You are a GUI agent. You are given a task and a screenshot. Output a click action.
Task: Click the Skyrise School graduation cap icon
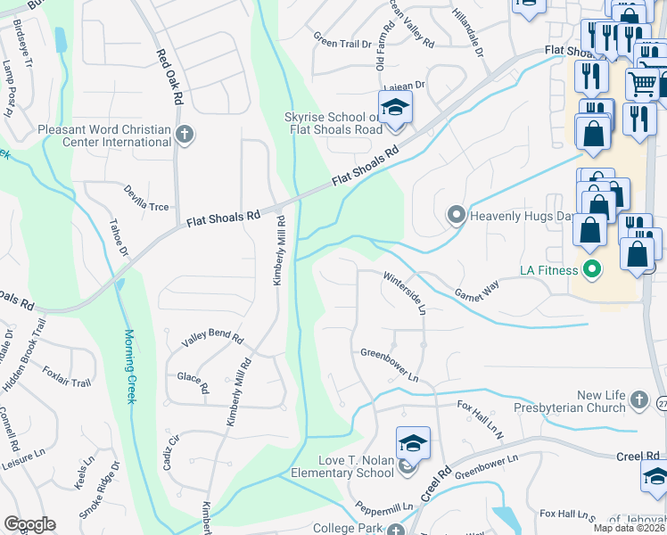394,109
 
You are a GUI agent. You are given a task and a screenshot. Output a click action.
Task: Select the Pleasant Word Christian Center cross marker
185,136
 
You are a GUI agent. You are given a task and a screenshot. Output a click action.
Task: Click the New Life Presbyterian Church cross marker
638,398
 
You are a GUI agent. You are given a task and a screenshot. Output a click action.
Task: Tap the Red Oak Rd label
170,75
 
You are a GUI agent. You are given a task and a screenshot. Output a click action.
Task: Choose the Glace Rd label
194,383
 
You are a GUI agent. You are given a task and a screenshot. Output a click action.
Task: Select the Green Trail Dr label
342,39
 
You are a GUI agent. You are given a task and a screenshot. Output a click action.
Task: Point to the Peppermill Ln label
384,506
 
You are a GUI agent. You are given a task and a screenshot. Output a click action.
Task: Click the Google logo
29,524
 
